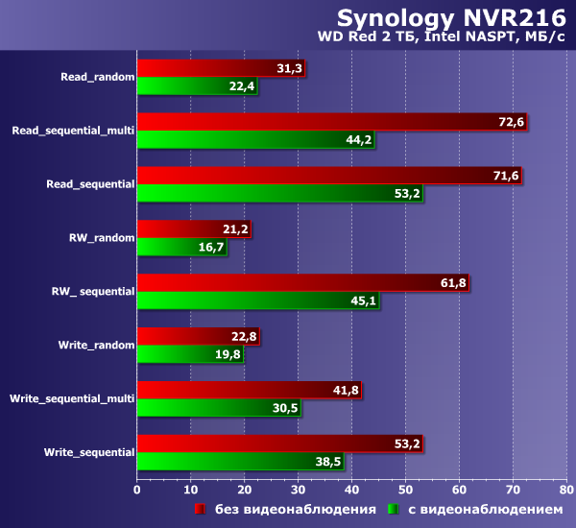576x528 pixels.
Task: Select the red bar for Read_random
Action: pyautogui.click(x=221, y=67)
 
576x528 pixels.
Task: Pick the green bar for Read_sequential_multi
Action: pyautogui.click(x=255, y=140)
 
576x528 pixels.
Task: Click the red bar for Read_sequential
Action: pyautogui.click(x=329, y=176)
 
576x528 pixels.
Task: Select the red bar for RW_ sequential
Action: pyautogui.click(x=303, y=283)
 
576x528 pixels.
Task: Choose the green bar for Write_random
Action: pyautogui.click(x=190, y=355)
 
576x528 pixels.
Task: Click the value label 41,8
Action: pyautogui.click(x=345, y=391)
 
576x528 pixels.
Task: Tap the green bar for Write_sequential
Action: pyautogui.click(x=240, y=462)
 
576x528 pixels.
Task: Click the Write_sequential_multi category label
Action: pyautogui.click(x=71, y=398)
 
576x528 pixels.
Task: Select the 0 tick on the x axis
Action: pyautogui.click(x=137, y=489)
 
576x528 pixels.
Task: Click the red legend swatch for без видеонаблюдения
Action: pyautogui.click(x=202, y=509)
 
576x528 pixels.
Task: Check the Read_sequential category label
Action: pyautogui.click(x=90, y=183)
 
